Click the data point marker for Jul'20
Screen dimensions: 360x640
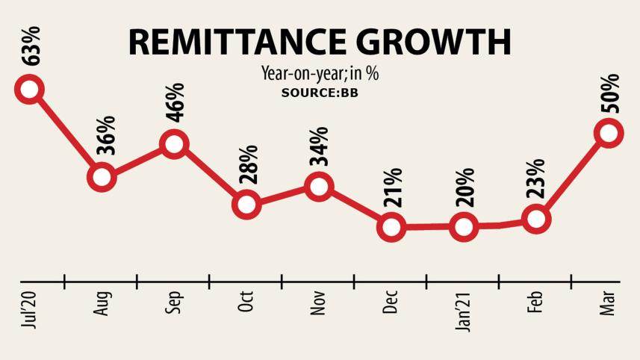click(x=29, y=90)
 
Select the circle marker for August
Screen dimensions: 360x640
click(x=102, y=178)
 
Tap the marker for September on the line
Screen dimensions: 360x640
click(x=174, y=143)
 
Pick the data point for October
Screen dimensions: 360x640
click(x=246, y=204)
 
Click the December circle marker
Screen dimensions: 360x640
click(x=391, y=226)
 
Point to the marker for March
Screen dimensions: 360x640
click(x=608, y=134)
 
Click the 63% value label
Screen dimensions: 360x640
click(x=31, y=46)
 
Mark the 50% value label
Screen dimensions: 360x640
click(x=609, y=93)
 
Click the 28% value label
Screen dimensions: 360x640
click(x=248, y=164)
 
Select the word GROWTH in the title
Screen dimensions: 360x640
click(x=443, y=43)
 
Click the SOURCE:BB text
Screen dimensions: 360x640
click(x=320, y=93)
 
